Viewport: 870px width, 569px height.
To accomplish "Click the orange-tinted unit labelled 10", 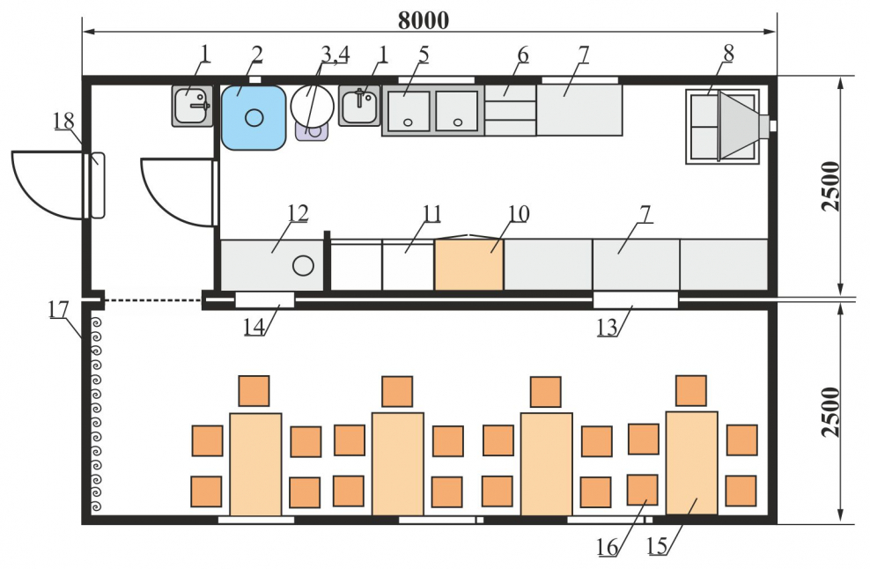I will (x=468, y=264).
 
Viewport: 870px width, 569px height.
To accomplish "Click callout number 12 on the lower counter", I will (x=298, y=214).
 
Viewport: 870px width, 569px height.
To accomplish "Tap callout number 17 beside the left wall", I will (x=59, y=309).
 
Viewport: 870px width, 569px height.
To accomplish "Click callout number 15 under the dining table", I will (x=657, y=547).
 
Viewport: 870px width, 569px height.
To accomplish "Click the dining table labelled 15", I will (x=691, y=462).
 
